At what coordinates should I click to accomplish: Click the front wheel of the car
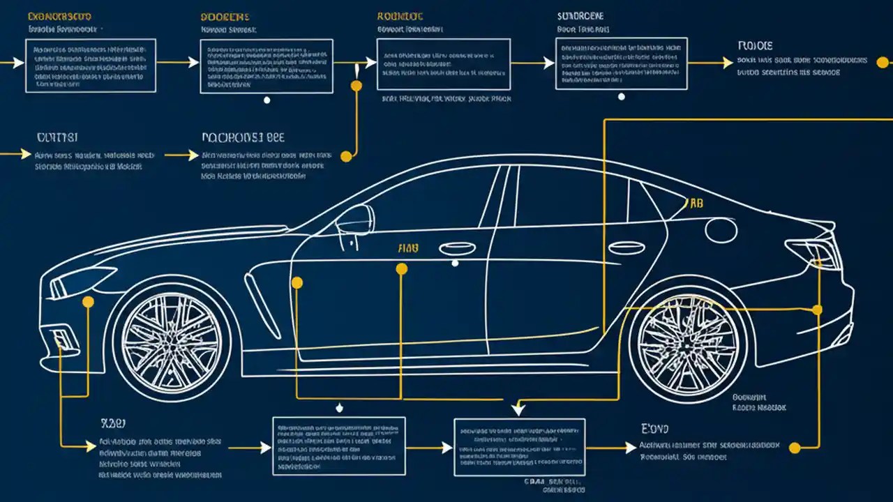[170, 341]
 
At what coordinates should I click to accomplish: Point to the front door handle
[458, 248]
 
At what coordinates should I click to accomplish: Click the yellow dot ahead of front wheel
[88, 302]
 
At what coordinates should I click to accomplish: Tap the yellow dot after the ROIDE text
[881, 61]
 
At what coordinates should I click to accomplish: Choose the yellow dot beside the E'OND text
[794, 447]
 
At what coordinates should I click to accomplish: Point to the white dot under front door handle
[455, 264]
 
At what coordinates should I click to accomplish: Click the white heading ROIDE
[755, 46]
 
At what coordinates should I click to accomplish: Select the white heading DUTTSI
[57, 137]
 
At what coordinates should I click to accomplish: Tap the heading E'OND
[654, 428]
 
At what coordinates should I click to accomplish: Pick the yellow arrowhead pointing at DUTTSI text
[27, 153]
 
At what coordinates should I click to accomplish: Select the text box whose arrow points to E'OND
[519, 447]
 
